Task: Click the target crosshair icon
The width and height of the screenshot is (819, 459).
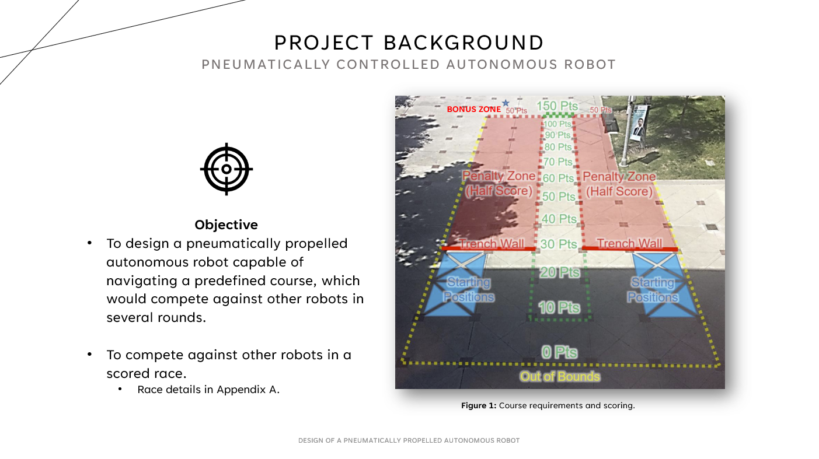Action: tap(226, 169)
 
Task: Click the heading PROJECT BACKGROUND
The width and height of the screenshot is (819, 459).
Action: tap(409, 43)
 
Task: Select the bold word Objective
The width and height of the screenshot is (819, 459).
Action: tap(226, 225)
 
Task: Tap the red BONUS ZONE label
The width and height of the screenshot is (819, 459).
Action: tap(473, 109)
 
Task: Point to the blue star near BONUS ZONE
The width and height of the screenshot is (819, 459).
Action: tap(506, 103)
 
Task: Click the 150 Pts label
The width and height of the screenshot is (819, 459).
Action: tap(557, 106)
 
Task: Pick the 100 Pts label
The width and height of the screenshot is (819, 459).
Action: tap(557, 124)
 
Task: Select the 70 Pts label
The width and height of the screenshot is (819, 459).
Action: tap(557, 162)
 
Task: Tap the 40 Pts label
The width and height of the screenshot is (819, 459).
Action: tap(559, 219)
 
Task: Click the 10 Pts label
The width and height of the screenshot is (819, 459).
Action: tap(560, 307)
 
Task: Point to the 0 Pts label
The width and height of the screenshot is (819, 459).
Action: tap(559, 352)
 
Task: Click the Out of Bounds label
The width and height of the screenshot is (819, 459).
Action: tap(560, 376)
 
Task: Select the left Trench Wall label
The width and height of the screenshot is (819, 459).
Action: tap(492, 243)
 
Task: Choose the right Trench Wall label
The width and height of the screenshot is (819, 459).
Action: tap(629, 243)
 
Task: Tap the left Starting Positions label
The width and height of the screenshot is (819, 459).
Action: tap(469, 290)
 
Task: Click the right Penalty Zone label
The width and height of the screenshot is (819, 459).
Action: tap(619, 184)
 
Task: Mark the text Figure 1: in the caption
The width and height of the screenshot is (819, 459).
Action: tap(479, 405)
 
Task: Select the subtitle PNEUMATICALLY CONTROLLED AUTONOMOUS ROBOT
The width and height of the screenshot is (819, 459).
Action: tap(409, 65)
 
